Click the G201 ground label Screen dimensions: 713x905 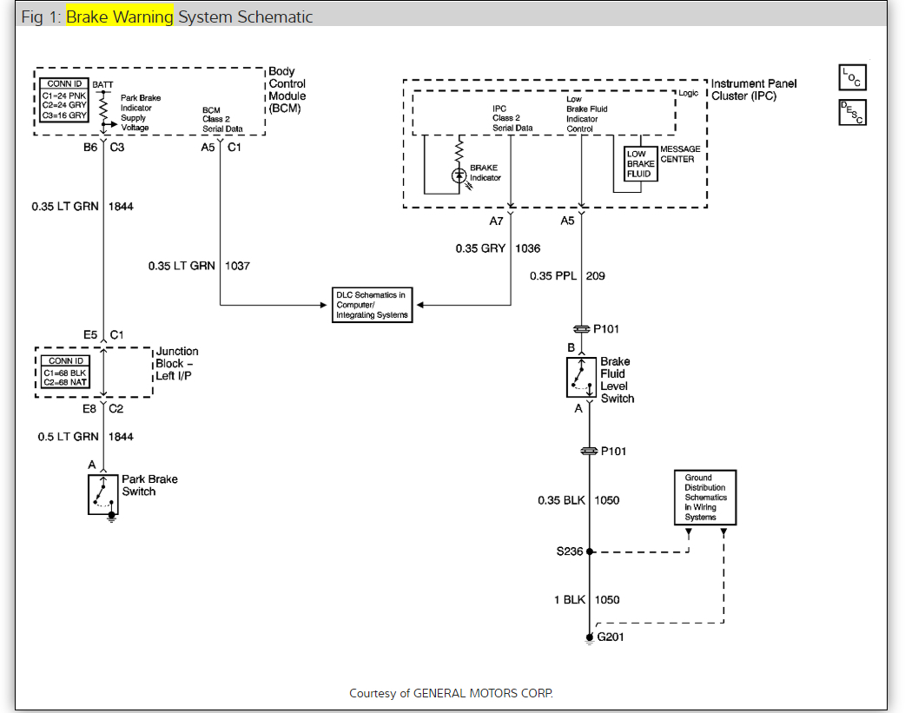(610, 637)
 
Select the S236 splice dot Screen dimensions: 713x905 (590, 551)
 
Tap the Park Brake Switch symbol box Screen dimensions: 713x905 (102, 494)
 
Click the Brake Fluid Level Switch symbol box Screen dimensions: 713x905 (581, 376)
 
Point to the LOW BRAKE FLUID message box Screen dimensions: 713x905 (641, 163)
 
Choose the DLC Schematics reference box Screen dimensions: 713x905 (371, 305)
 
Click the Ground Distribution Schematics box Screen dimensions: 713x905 (705, 498)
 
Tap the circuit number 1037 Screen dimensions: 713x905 (237, 266)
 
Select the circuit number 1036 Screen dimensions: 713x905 (527, 248)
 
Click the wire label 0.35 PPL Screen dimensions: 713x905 (553, 276)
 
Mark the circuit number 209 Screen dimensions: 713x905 (595, 276)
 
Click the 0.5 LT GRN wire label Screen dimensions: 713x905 (69, 437)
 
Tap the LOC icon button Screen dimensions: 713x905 (852, 78)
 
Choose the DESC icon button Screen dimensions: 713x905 (852, 112)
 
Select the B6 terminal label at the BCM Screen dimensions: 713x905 (90, 148)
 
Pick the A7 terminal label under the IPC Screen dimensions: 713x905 (495, 221)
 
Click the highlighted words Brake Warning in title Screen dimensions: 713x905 (120, 17)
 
